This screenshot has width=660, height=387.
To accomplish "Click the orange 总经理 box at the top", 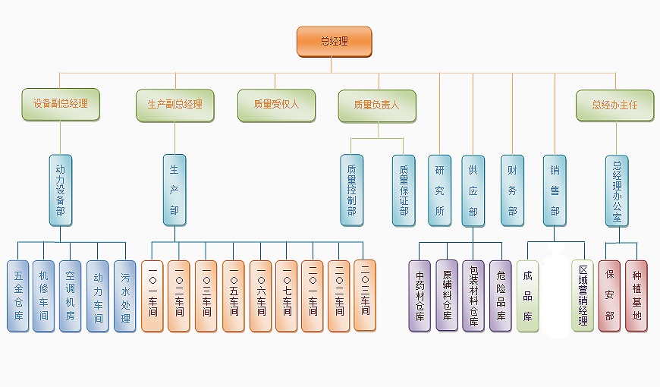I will click(x=334, y=42).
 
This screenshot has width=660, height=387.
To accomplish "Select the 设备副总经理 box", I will click(x=61, y=104).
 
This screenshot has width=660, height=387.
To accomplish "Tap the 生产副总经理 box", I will click(x=175, y=105).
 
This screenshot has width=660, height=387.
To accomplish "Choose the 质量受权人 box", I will click(x=276, y=105).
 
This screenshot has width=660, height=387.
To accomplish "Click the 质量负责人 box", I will click(x=376, y=105).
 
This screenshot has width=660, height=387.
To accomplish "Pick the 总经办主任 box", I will click(x=614, y=105).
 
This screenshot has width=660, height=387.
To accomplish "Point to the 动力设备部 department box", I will click(x=61, y=190).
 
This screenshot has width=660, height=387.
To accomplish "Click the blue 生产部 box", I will click(x=174, y=190).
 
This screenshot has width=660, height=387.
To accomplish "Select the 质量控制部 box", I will click(x=352, y=190).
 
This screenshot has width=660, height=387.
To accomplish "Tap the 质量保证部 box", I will click(x=404, y=190).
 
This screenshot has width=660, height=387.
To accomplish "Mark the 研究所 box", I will click(x=439, y=190).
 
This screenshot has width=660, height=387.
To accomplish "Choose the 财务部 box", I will click(x=512, y=190).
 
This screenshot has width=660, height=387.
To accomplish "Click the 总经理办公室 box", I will click(x=617, y=190).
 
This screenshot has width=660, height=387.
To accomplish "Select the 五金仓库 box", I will click(x=18, y=296).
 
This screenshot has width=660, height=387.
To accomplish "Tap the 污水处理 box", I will click(x=125, y=296).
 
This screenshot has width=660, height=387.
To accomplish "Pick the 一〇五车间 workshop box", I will click(x=234, y=296).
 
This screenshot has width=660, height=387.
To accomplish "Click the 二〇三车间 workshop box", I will click(x=365, y=295).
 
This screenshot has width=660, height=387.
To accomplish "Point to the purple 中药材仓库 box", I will click(x=420, y=296).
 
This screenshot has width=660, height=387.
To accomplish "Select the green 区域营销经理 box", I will click(x=583, y=296).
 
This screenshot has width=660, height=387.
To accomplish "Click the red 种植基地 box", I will click(x=636, y=296).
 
